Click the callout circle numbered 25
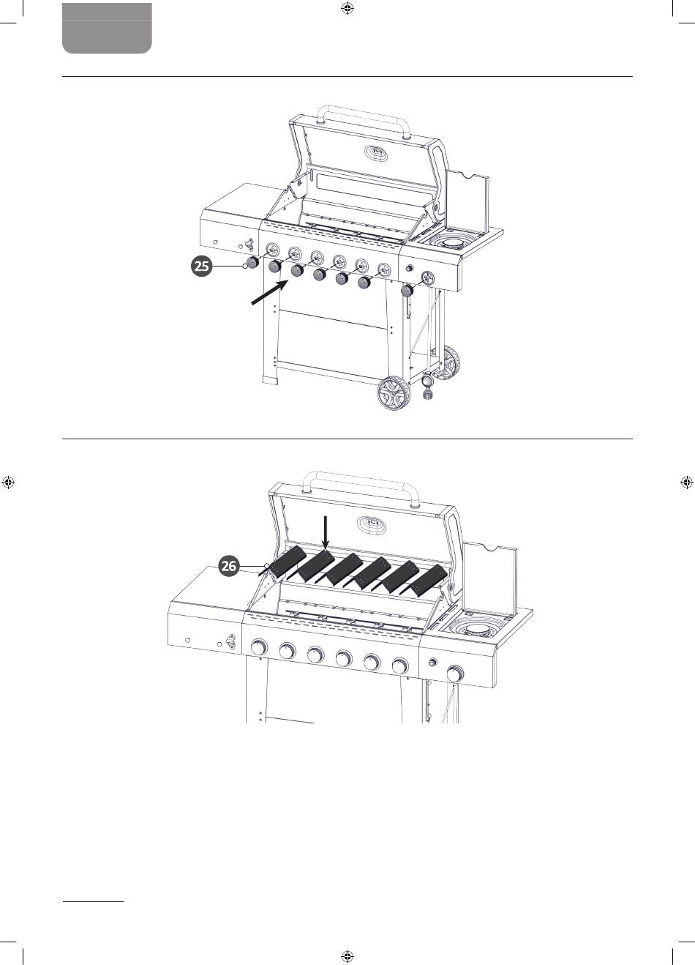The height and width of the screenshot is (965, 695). pyautogui.click(x=202, y=266)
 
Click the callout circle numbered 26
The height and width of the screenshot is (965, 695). pyautogui.click(x=229, y=565)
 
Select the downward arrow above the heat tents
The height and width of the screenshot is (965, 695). pyautogui.click(x=326, y=533)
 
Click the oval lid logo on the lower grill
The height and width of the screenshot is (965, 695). pyautogui.click(x=372, y=524)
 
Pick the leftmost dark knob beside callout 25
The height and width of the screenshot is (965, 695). pyautogui.click(x=252, y=262)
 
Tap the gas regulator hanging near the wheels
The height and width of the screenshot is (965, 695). pyautogui.click(x=427, y=386)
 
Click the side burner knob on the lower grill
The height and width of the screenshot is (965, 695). pyautogui.click(x=454, y=673)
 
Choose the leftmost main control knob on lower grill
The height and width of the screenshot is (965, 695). pyautogui.click(x=259, y=647)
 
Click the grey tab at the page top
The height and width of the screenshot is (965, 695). pyautogui.click(x=107, y=29)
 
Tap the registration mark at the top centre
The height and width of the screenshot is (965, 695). pyautogui.click(x=347, y=9)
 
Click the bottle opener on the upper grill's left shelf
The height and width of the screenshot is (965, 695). pyautogui.click(x=249, y=245)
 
